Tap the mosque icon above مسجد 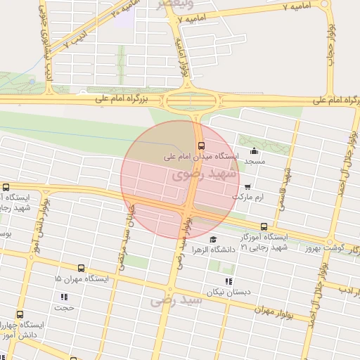(254, 151)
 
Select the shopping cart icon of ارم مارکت (248, 187)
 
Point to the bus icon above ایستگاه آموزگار (264, 226)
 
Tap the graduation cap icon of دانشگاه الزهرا (212, 240)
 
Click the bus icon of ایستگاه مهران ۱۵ (81, 268)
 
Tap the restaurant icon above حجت (64, 297)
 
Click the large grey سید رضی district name (176, 300)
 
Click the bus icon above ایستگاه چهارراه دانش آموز (19, 314)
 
